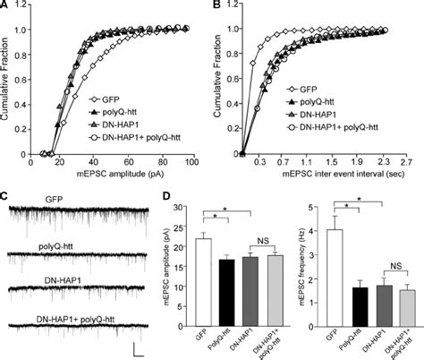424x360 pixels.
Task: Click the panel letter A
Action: [x=5, y=5]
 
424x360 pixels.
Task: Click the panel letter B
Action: [x=218, y=5]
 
